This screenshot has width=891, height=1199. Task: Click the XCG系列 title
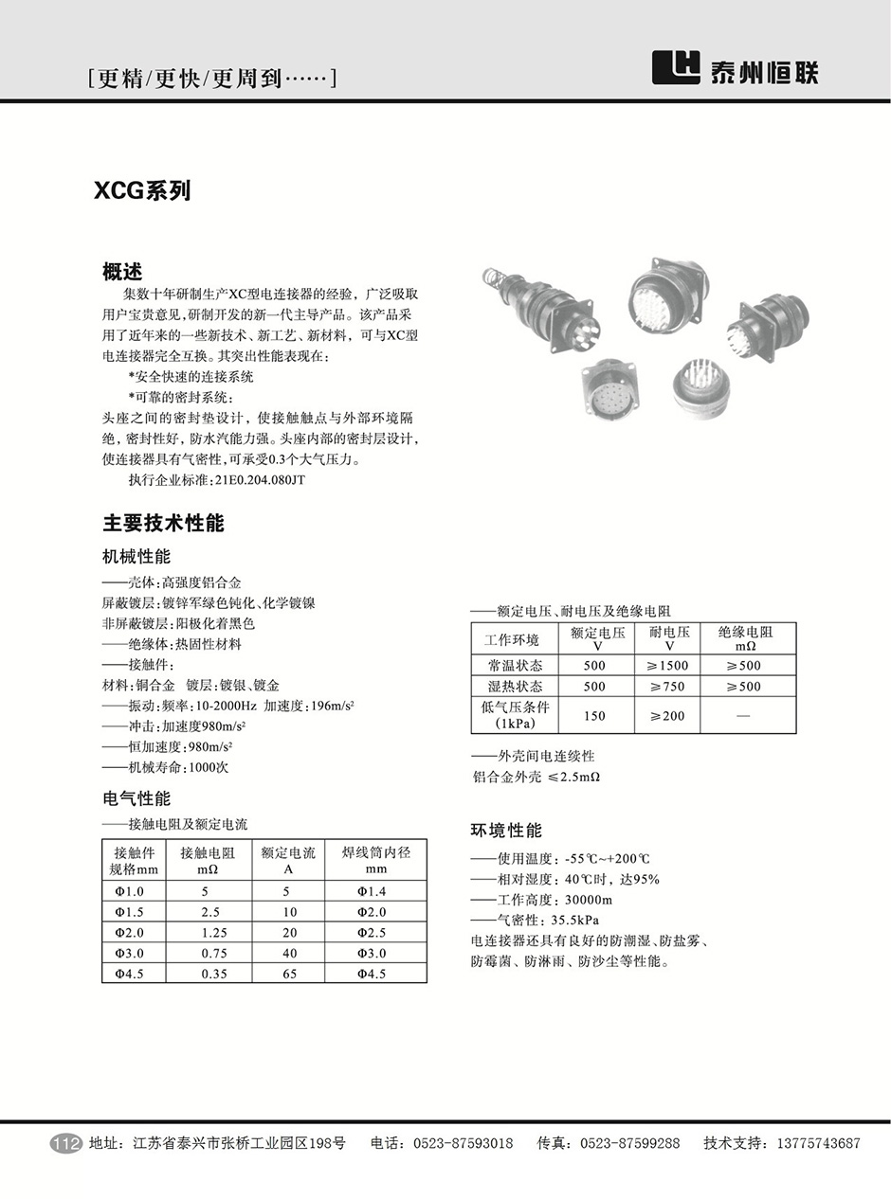click(x=142, y=190)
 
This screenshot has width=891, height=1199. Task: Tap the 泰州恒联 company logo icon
click(x=676, y=67)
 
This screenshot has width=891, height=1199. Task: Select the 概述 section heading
click(x=122, y=272)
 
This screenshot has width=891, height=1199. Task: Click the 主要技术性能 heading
click(x=163, y=523)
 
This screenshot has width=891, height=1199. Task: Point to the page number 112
click(x=65, y=1143)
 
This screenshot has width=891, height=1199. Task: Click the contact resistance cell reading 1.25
click(x=214, y=932)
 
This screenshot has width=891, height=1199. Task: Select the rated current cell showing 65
click(x=289, y=973)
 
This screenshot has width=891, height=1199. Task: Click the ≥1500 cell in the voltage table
click(x=668, y=666)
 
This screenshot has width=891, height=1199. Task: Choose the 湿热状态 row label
click(x=516, y=687)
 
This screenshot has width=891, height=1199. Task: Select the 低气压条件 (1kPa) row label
click(x=516, y=716)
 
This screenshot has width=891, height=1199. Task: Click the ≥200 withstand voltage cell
click(x=668, y=716)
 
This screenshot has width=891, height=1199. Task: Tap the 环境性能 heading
click(x=506, y=831)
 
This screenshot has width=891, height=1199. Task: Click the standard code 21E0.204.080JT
click(x=259, y=480)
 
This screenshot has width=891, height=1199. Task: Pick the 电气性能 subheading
click(x=136, y=798)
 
